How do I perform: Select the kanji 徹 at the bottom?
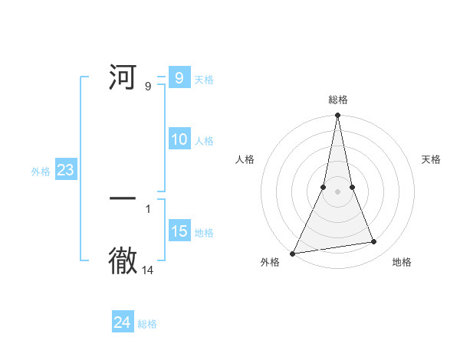click(x=123, y=260)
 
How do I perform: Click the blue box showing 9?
click(x=179, y=78)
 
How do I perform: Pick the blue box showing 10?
click(x=179, y=139)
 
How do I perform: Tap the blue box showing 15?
click(x=179, y=231)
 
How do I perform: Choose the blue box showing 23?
click(x=65, y=170)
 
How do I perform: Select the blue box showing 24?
click(x=123, y=323)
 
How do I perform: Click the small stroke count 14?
click(x=148, y=270)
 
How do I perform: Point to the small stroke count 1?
click(x=148, y=208)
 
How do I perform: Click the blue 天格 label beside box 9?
click(x=204, y=80)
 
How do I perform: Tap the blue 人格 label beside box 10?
click(x=204, y=141)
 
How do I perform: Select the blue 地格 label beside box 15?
click(x=204, y=233)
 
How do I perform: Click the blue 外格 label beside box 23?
click(x=41, y=172)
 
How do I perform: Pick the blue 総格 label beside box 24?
click(x=147, y=325)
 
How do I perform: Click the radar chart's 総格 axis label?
click(x=337, y=100)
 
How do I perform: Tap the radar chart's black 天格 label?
click(x=431, y=159)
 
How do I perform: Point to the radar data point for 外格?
click(x=292, y=254)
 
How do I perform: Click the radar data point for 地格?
click(x=374, y=242)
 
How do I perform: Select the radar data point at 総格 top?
click(x=337, y=116)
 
